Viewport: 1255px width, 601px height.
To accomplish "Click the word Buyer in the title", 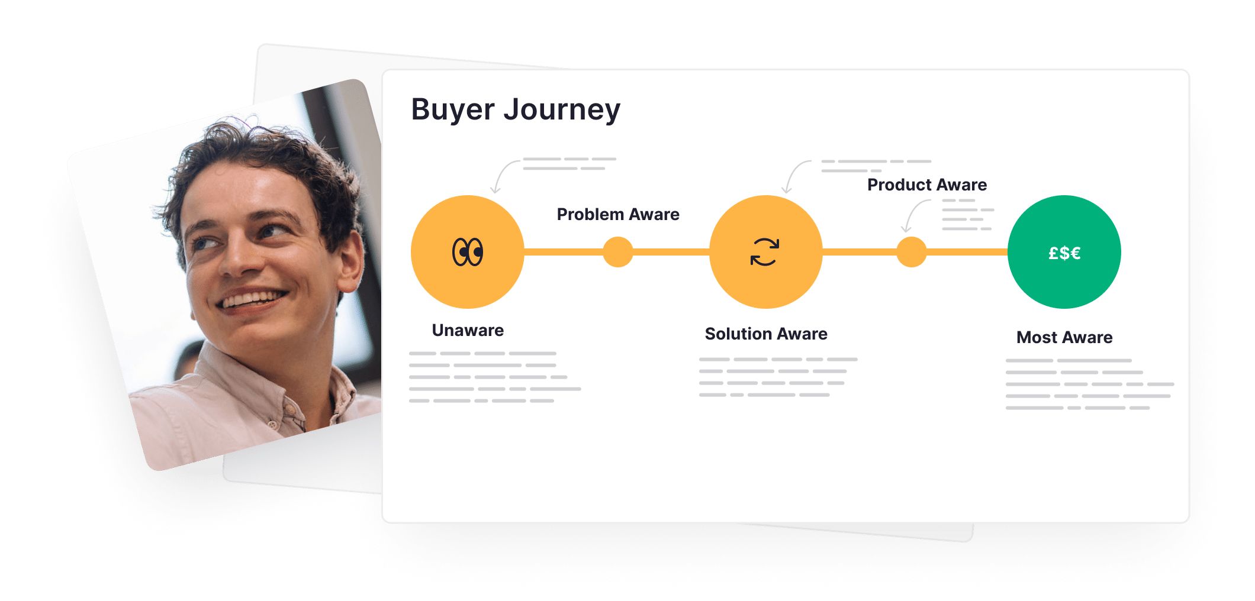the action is point(453,110).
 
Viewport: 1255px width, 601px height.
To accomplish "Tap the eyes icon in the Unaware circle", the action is point(468,252).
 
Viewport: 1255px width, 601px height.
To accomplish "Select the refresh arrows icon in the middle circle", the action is point(765,252).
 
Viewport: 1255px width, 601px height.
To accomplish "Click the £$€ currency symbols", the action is point(1064,253).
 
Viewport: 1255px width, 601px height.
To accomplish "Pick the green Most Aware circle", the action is point(1064,252).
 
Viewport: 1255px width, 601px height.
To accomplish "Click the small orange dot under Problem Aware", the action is point(618,252).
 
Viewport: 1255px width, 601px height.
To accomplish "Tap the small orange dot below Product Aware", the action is point(912,252).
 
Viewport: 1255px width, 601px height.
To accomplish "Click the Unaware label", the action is point(468,330).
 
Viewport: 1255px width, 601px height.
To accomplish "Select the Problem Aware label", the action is point(618,214).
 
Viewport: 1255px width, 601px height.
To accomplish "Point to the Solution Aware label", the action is point(766,334).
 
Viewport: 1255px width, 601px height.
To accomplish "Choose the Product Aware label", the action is point(927,185).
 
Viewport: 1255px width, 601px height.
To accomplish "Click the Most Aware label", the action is point(1064,337).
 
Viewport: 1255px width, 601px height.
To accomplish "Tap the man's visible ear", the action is point(349,260).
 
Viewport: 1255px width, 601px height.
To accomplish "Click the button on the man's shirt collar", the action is point(291,409).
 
